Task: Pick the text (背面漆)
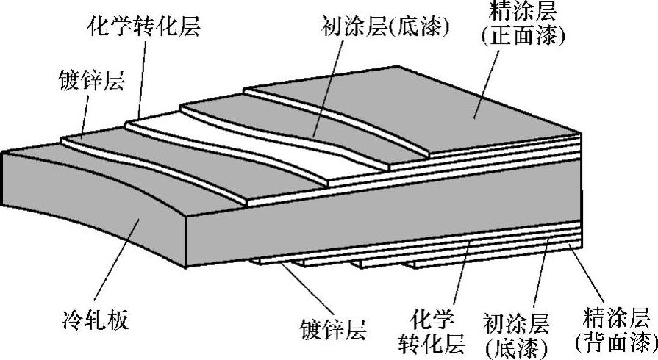point(616,342)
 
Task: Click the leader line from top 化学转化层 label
point(140,81)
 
